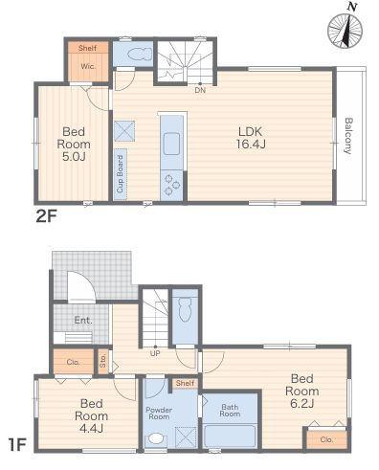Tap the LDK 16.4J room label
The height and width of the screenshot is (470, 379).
pyautogui.click(x=251, y=138)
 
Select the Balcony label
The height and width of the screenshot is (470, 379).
pyautogui.click(x=349, y=136)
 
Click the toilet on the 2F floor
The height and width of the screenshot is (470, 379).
pyautogui.click(x=140, y=54)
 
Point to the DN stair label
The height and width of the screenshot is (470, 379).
pyautogui.click(x=200, y=90)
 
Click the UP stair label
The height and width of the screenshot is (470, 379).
pyautogui.click(x=155, y=353)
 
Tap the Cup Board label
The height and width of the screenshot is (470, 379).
pyautogui.click(x=120, y=174)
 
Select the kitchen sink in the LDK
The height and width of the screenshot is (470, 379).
pyautogui.click(x=171, y=144)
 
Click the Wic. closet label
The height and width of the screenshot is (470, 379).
pyautogui.click(x=88, y=67)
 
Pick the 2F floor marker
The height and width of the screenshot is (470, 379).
pyautogui.click(x=46, y=217)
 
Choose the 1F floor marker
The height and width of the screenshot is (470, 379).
pyautogui.click(x=17, y=445)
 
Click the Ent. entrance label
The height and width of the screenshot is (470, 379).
pyautogui.click(x=83, y=320)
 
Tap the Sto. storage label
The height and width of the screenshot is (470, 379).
pyautogui.click(x=102, y=361)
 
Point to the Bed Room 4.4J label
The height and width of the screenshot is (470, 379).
pyautogui.click(x=91, y=415)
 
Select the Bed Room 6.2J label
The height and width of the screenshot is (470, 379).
pyautogui.click(x=301, y=391)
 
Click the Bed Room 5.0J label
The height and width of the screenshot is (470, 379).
pyautogui.click(x=74, y=144)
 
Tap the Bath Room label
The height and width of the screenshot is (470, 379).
pyautogui.click(x=230, y=411)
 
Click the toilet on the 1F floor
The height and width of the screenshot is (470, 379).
pyautogui.click(x=185, y=309)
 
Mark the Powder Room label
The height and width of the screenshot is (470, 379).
pyautogui.click(x=159, y=414)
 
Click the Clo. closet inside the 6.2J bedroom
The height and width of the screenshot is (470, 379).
pyautogui.click(x=326, y=439)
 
